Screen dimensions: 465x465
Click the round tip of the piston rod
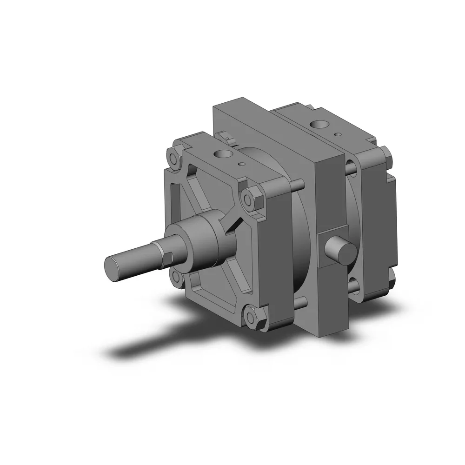[x=113, y=269]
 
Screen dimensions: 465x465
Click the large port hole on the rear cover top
[x=320, y=125]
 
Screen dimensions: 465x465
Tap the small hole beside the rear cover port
[x=340, y=134]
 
